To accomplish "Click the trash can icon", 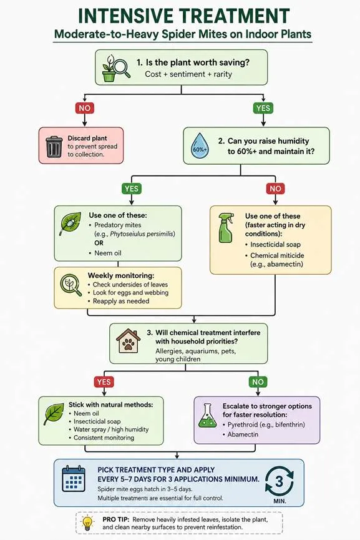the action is click(54, 147).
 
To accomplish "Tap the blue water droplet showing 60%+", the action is click(200, 145).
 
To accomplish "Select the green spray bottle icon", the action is click(226, 228).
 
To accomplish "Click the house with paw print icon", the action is click(128, 341).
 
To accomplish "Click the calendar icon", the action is click(74, 478).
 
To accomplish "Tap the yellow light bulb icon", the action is click(87, 523).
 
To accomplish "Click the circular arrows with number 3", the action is click(280, 481).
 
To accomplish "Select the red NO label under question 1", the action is click(85, 108).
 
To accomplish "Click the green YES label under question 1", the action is click(263, 108).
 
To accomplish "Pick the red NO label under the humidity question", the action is click(275, 189).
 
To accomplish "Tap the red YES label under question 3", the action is click(104, 382).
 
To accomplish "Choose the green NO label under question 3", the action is click(258, 382).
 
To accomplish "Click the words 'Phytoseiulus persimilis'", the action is click(142, 234).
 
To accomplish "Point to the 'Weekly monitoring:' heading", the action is click(121, 275).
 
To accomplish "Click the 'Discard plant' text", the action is click(87, 138).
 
